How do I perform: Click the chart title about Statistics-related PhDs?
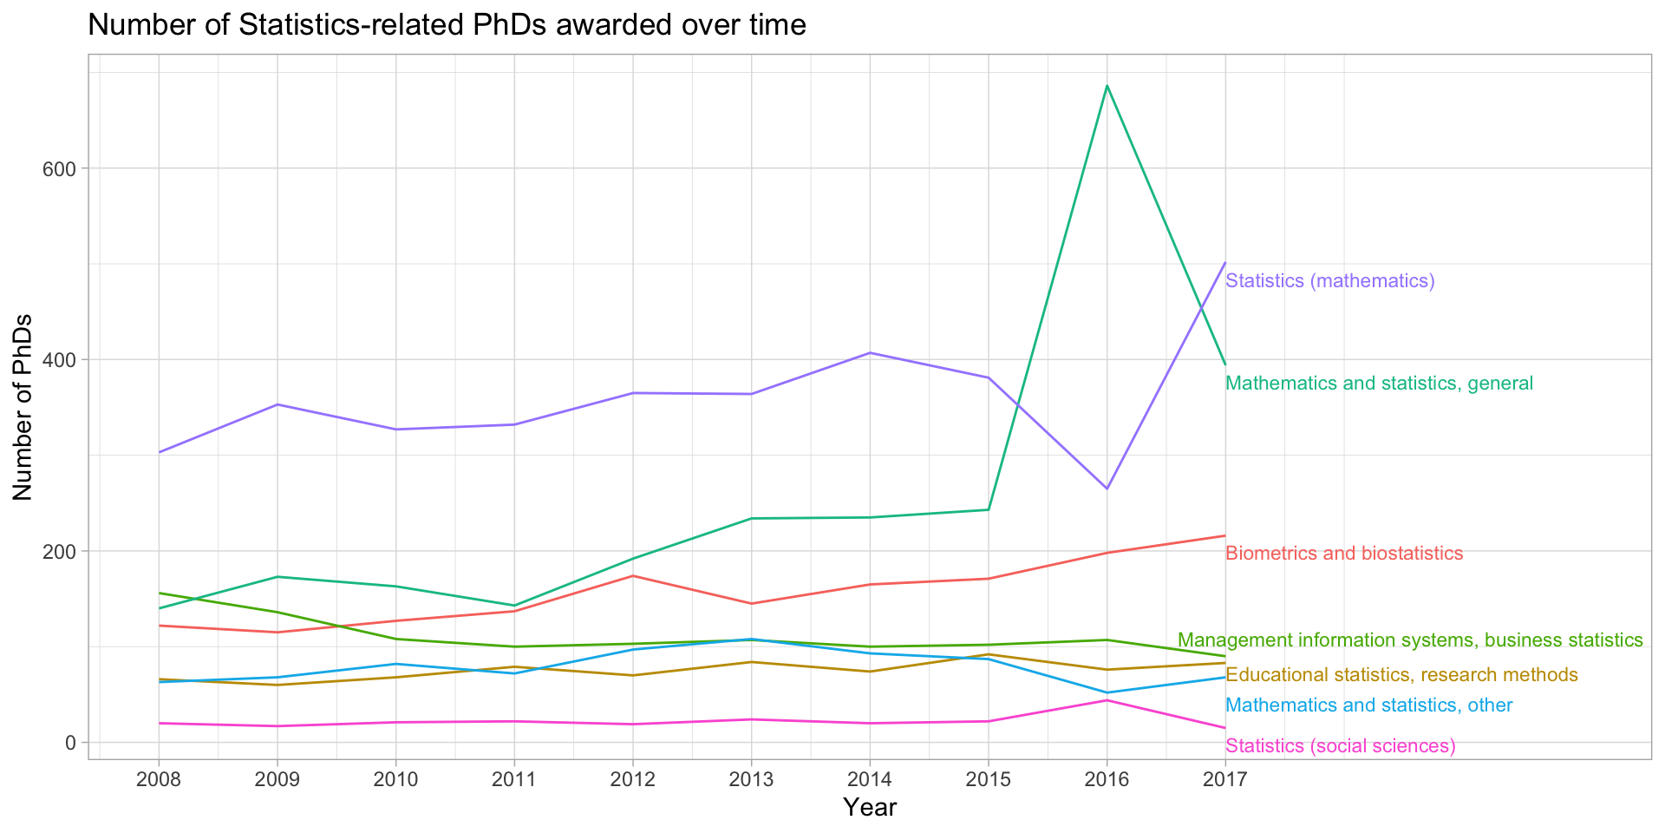(447, 26)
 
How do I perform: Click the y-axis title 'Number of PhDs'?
(23, 407)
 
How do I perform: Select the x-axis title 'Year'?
(870, 808)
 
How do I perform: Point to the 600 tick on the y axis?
(59, 168)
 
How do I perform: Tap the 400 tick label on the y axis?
(59, 359)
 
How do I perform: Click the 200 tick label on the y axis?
(59, 551)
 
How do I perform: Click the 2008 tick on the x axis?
(159, 778)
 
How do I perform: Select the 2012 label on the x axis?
(633, 778)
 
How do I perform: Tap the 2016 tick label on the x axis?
(1107, 778)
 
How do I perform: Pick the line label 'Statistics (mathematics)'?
(1330, 281)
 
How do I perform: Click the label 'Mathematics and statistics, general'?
(1379, 384)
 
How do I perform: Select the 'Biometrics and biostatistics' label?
(1344, 554)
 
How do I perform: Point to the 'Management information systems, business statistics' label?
(1410, 640)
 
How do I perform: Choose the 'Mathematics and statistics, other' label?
(1369, 705)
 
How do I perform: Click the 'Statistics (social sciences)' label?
(1340, 746)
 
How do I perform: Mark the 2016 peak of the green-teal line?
(1107, 86)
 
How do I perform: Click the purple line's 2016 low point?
(1107, 489)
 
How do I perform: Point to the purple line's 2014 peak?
(870, 353)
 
